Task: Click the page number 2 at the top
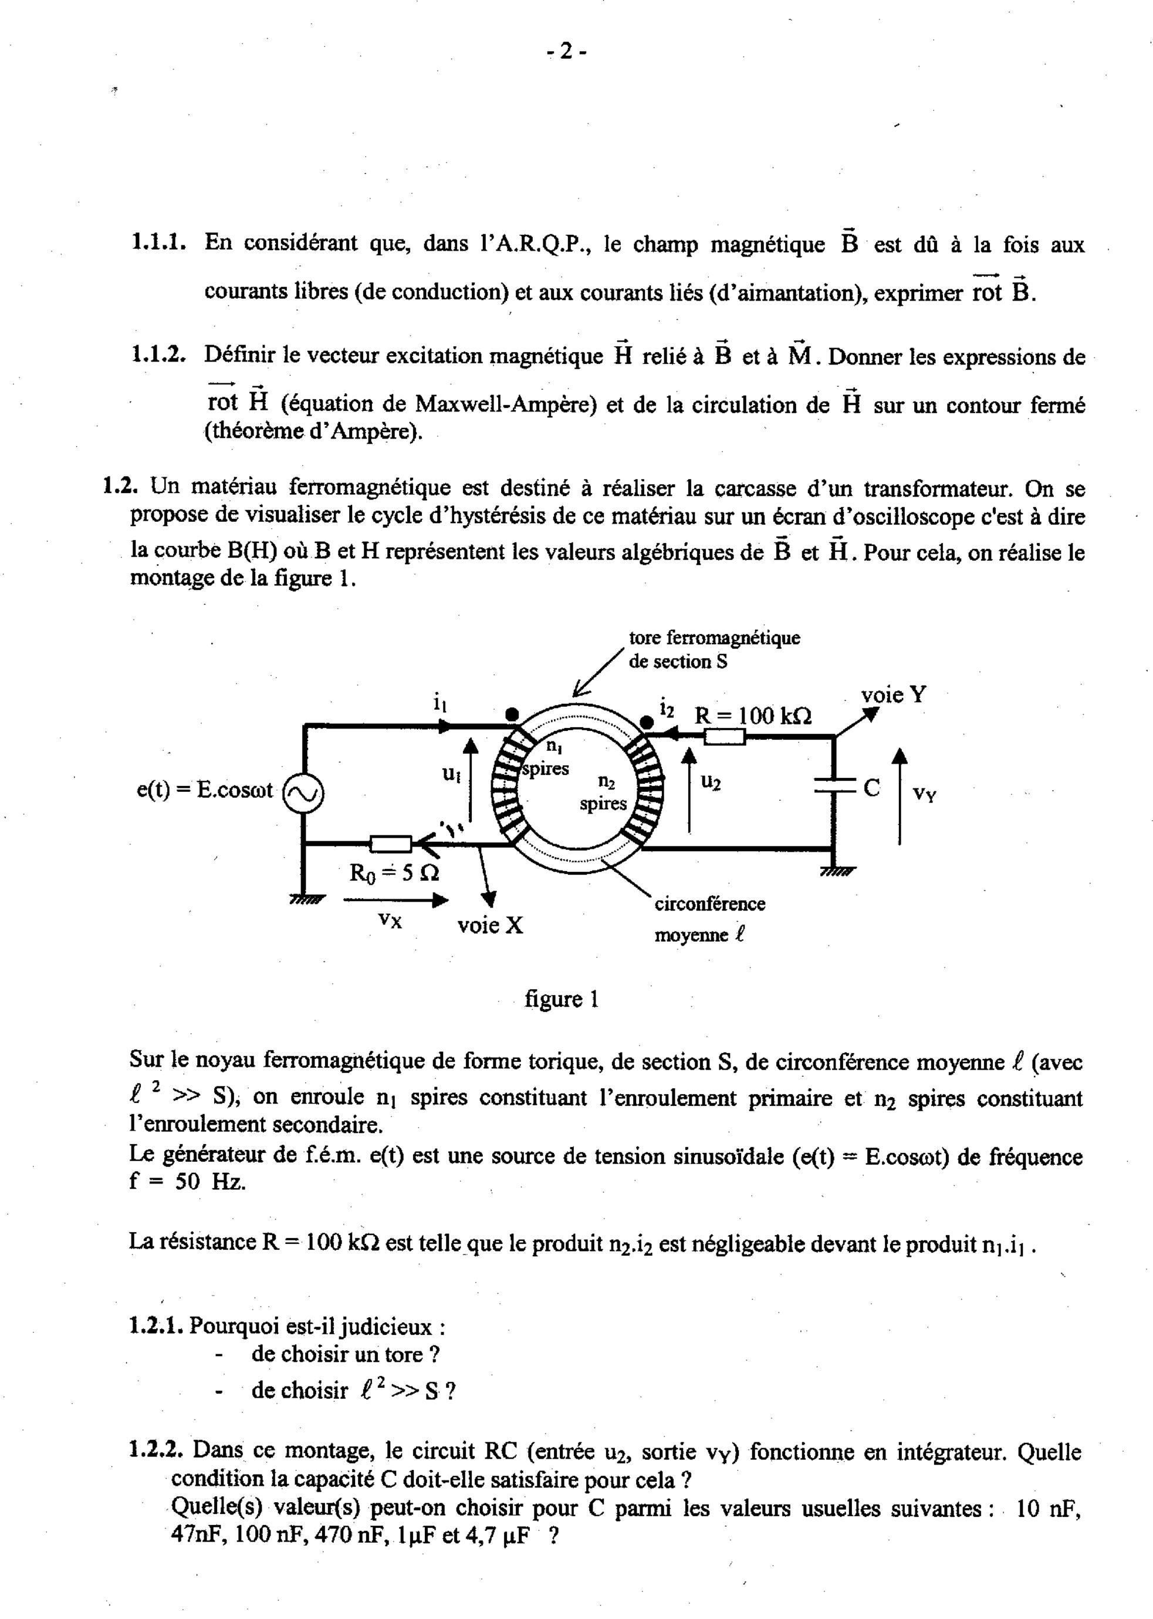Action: (x=566, y=51)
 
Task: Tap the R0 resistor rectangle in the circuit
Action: (x=390, y=844)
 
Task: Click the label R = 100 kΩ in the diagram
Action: (x=753, y=715)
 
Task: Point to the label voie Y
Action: (x=893, y=694)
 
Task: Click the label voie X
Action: (x=490, y=925)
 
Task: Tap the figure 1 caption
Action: (x=562, y=1000)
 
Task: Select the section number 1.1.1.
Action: (x=158, y=243)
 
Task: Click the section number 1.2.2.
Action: (x=158, y=1450)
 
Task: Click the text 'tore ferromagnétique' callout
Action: (x=714, y=638)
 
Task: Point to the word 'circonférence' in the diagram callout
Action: (x=709, y=904)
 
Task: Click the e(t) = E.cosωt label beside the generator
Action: (x=204, y=790)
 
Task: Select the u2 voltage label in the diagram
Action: (x=711, y=782)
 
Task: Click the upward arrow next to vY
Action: (x=900, y=795)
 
